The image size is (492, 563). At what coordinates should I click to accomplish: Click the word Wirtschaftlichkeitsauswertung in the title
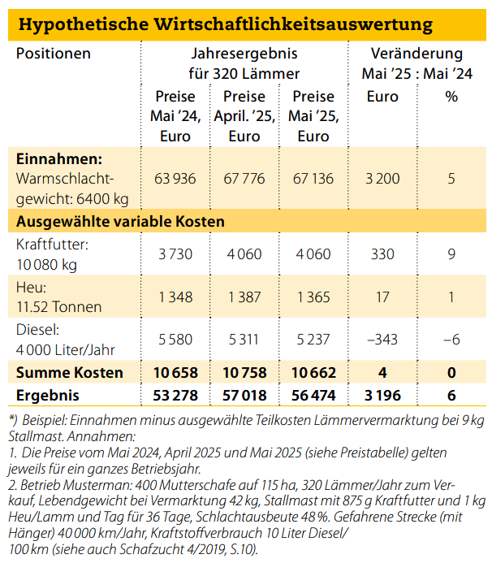pos(293,24)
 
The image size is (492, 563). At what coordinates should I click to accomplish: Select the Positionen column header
pos(54,54)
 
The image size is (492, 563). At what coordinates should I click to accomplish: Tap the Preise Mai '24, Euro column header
pos(175,116)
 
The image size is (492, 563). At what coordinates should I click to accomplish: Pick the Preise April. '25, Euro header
pos(244,116)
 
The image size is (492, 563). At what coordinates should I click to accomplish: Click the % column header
pos(451,97)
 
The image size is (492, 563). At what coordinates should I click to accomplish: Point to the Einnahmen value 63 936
pos(175,179)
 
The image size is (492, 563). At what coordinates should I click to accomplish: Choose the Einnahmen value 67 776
pos(244,179)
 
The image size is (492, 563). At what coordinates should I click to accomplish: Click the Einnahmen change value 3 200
pos(382,179)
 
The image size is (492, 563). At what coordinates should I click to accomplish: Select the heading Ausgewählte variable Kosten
pos(120,222)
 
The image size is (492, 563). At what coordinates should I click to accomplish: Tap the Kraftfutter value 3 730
pos(175,254)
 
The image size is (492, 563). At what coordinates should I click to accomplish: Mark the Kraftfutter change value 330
pos(382,254)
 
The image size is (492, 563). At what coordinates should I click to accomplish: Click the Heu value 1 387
pos(244,297)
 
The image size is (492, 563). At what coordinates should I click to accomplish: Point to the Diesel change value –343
pos(382,340)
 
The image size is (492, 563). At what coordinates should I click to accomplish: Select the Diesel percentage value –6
pos(451,340)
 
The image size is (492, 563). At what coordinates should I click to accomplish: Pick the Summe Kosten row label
pos(70,373)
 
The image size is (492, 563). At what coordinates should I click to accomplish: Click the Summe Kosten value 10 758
pos(244,373)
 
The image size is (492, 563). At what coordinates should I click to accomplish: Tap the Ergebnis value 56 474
pos(313,396)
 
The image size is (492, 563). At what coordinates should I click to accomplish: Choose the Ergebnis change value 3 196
pos(382,396)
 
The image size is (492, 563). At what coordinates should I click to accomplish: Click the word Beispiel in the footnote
pos(45,420)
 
